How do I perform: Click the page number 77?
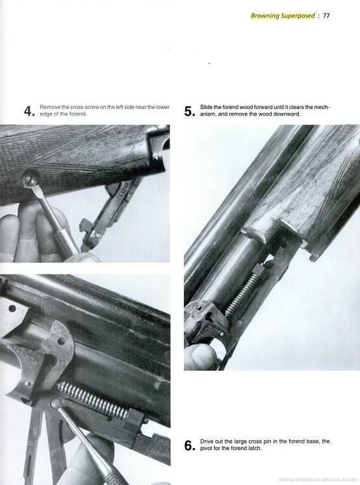326,16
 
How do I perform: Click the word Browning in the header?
265,16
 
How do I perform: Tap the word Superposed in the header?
298,16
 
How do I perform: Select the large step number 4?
29,111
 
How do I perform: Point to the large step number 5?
190,111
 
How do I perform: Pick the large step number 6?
190,445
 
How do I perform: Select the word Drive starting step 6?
207,441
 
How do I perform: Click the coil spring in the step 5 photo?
243,295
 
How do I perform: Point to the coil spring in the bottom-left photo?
93,400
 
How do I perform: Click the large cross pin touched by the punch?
56,404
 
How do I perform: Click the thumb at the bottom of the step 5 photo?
200,356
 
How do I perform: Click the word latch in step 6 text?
255,448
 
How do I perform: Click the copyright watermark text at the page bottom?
318,480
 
